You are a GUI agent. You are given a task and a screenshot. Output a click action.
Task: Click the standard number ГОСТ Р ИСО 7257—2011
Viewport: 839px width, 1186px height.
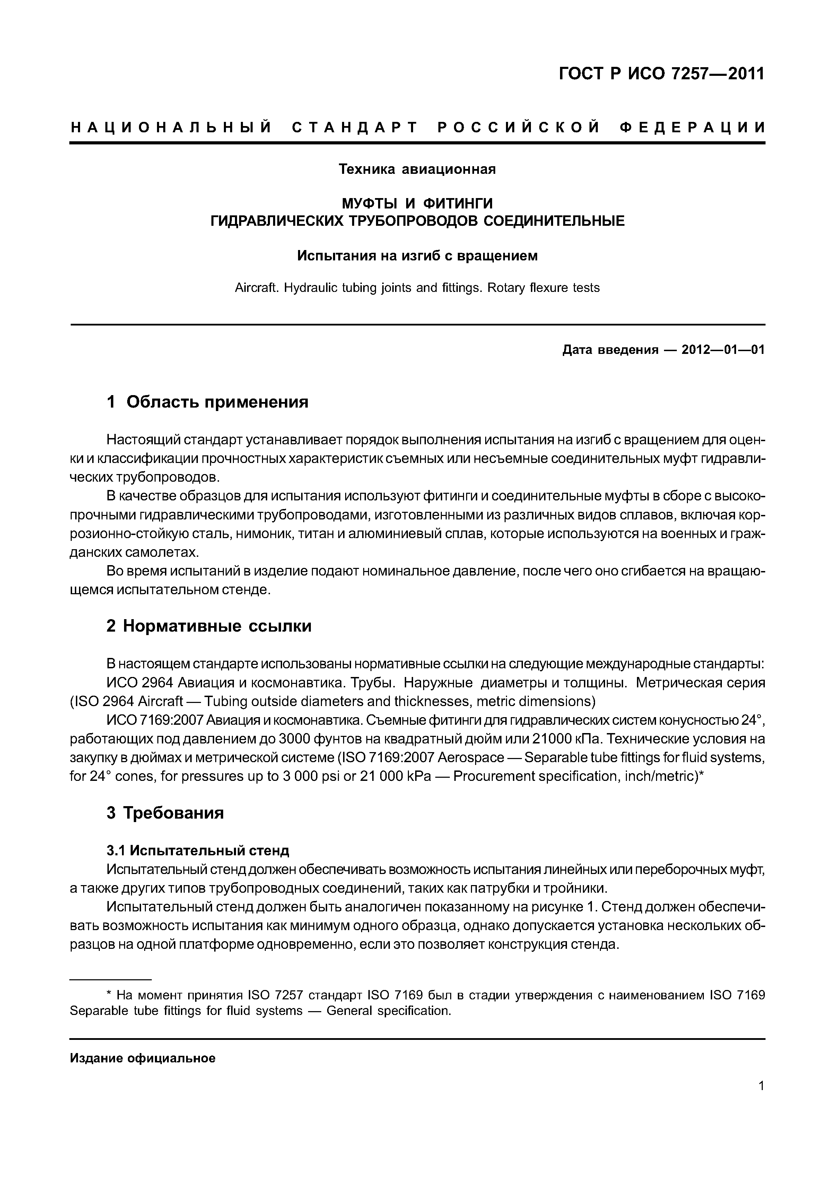click(661, 75)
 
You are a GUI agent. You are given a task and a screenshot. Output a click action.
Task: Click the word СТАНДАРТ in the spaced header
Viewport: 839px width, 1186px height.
click(354, 127)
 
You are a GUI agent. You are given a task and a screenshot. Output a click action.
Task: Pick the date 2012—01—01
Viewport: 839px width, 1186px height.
click(723, 350)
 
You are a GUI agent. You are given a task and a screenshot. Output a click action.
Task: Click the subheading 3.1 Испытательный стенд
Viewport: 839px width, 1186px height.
click(198, 850)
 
